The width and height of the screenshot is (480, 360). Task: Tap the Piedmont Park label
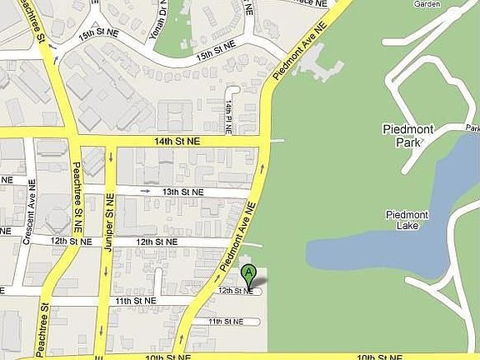[x=407, y=136]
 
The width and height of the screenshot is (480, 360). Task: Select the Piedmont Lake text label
[x=407, y=220]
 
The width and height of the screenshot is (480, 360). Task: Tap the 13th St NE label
[x=182, y=192]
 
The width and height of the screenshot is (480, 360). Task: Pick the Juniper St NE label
[x=109, y=212]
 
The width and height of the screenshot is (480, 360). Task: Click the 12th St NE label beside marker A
[x=235, y=291]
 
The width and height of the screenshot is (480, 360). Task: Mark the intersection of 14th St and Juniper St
[x=112, y=142]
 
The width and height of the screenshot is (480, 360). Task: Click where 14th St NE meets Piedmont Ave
[x=265, y=142]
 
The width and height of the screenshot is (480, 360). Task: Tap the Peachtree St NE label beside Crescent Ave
[x=77, y=187]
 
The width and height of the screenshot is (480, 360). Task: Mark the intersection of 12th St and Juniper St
[x=108, y=242]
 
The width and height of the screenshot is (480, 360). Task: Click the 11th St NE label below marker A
[x=225, y=321]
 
